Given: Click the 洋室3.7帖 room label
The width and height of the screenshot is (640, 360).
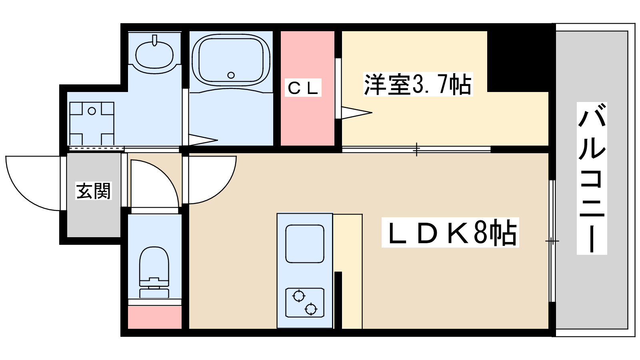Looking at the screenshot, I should click(x=418, y=84).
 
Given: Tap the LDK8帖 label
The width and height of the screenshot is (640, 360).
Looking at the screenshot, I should click(x=450, y=232).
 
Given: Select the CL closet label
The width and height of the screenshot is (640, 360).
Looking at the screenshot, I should click(x=304, y=88).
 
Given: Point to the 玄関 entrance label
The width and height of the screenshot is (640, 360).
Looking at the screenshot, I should click(x=93, y=191).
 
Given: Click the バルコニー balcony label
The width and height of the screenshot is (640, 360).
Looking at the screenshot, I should click(x=592, y=178).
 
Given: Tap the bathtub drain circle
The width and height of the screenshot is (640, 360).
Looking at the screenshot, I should click(x=231, y=75).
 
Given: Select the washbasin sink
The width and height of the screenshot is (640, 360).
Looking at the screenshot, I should click(x=154, y=54).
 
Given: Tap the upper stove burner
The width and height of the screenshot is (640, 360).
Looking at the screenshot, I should click(x=298, y=296).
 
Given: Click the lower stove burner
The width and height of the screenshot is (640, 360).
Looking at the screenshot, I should click(x=311, y=309).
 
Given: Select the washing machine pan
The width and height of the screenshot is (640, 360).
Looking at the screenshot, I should click(x=92, y=123).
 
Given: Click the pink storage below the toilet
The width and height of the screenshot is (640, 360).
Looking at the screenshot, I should click(x=154, y=317).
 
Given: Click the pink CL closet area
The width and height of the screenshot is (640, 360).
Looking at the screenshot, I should click(x=307, y=120).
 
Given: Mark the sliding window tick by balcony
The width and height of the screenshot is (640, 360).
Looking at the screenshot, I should click(x=552, y=241).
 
